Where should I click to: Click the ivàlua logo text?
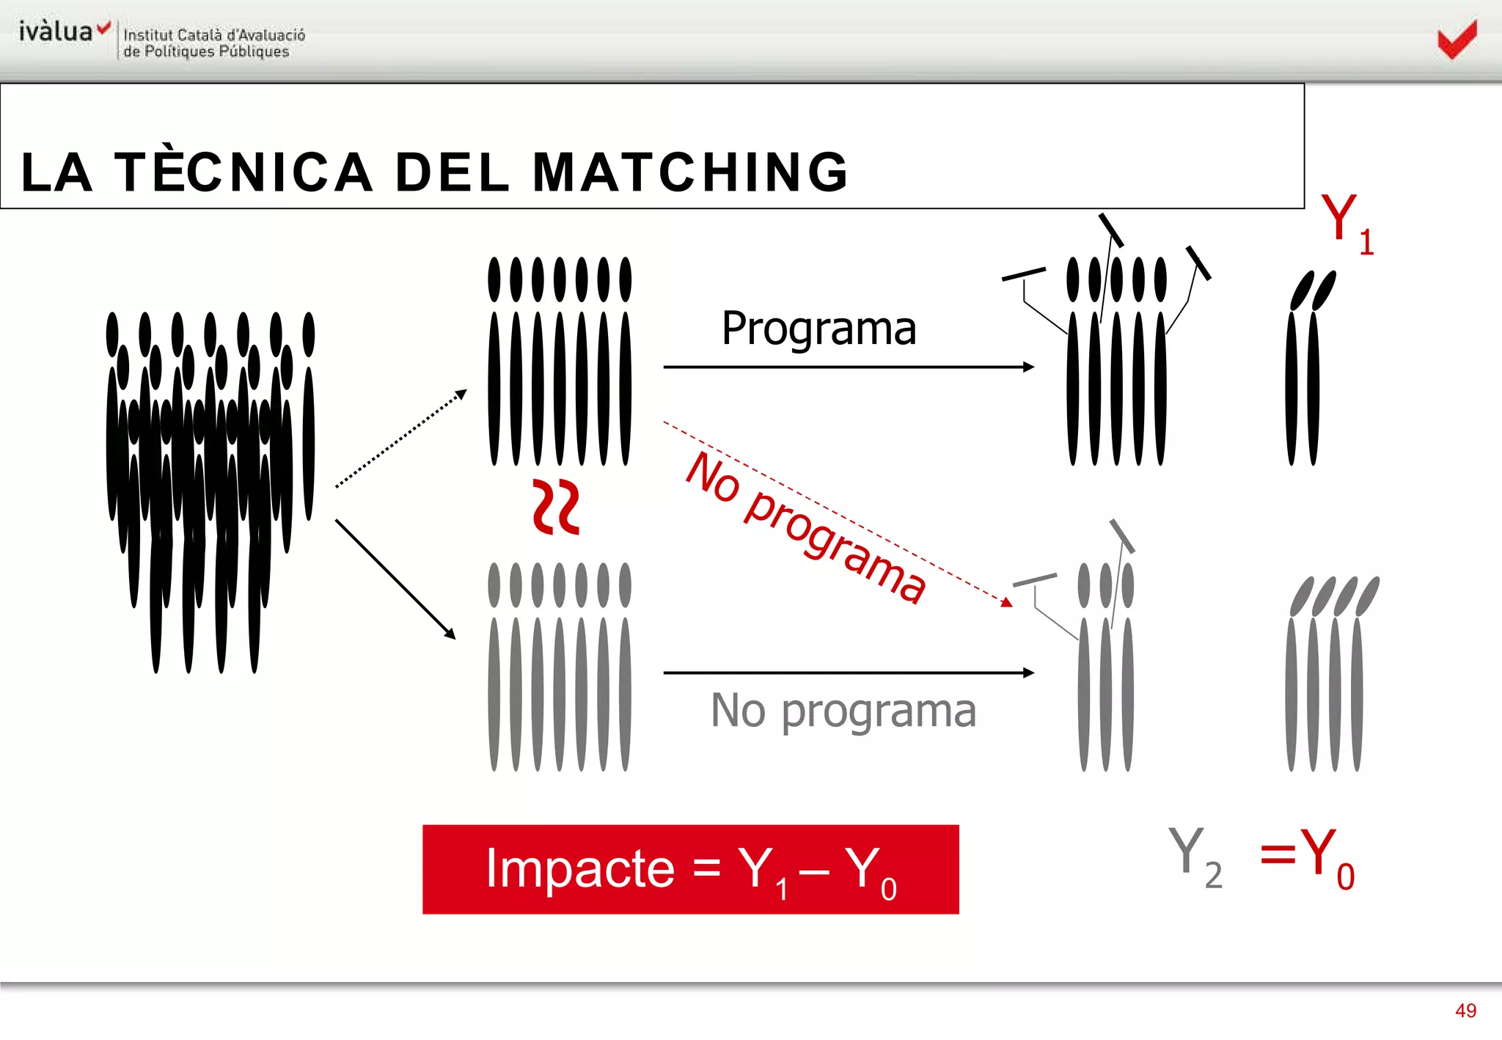coord(56,32)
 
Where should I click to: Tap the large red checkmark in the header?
coord(1457,40)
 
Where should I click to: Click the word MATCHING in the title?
coord(690,172)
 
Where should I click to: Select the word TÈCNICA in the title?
coord(244,172)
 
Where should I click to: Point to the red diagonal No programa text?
coord(805,527)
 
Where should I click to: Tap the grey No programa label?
coord(843,711)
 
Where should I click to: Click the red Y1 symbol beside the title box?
coord(1346,223)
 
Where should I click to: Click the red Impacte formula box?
coord(690,869)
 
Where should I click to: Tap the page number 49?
coord(1465,1011)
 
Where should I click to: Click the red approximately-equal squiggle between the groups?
coord(556,507)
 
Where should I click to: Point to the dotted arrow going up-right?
coord(400,439)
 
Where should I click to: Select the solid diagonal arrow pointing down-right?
coord(395,579)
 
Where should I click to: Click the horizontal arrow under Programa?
coord(849,367)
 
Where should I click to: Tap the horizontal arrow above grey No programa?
coord(849,673)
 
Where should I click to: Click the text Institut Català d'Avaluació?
coord(214,34)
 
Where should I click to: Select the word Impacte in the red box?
coord(579,868)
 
